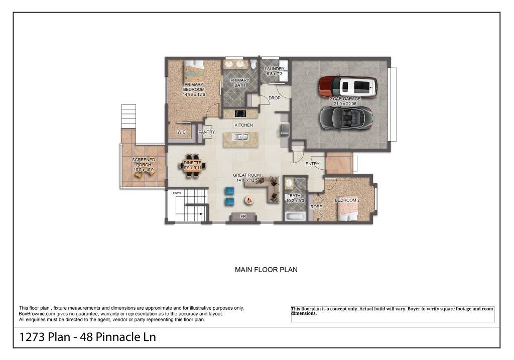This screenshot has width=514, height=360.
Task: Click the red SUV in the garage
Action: pyautogui.click(x=348, y=86)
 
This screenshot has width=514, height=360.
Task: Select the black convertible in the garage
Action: pyautogui.click(x=346, y=117)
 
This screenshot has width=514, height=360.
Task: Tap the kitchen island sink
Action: pyautogui.click(x=240, y=137)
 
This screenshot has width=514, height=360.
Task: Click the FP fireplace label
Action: pyautogui.click(x=243, y=217)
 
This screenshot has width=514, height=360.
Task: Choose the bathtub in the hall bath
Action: pyautogui.click(x=295, y=216)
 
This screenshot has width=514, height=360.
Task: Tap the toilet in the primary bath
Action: pyautogui.click(x=253, y=65)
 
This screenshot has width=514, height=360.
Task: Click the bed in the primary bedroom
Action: pyautogui.click(x=194, y=70)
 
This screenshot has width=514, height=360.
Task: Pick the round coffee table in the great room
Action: pyautogui.click(x=249, y=200)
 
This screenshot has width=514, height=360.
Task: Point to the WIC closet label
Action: pyautogui.click(x=182, y=132)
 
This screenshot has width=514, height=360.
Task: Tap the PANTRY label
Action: pyautogui.click(x=206, y=133)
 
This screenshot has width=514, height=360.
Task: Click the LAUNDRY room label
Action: pyautogui.click(x=275, y=69)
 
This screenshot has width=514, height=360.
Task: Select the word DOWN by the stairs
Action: pyautogui.click(x=176, y=193)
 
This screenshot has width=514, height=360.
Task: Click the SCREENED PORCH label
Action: pyautogui.click(x=144, y=162)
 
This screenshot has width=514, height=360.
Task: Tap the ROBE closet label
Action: pyautogui.click(x=316, y=207)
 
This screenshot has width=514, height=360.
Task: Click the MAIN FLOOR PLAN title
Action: pyautogui.click(x=266, y=270)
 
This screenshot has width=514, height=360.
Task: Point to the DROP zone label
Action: pyautogui.click(x=275, y=98)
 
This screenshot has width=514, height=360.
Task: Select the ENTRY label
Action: pyautogui.click(x=312, y=164)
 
